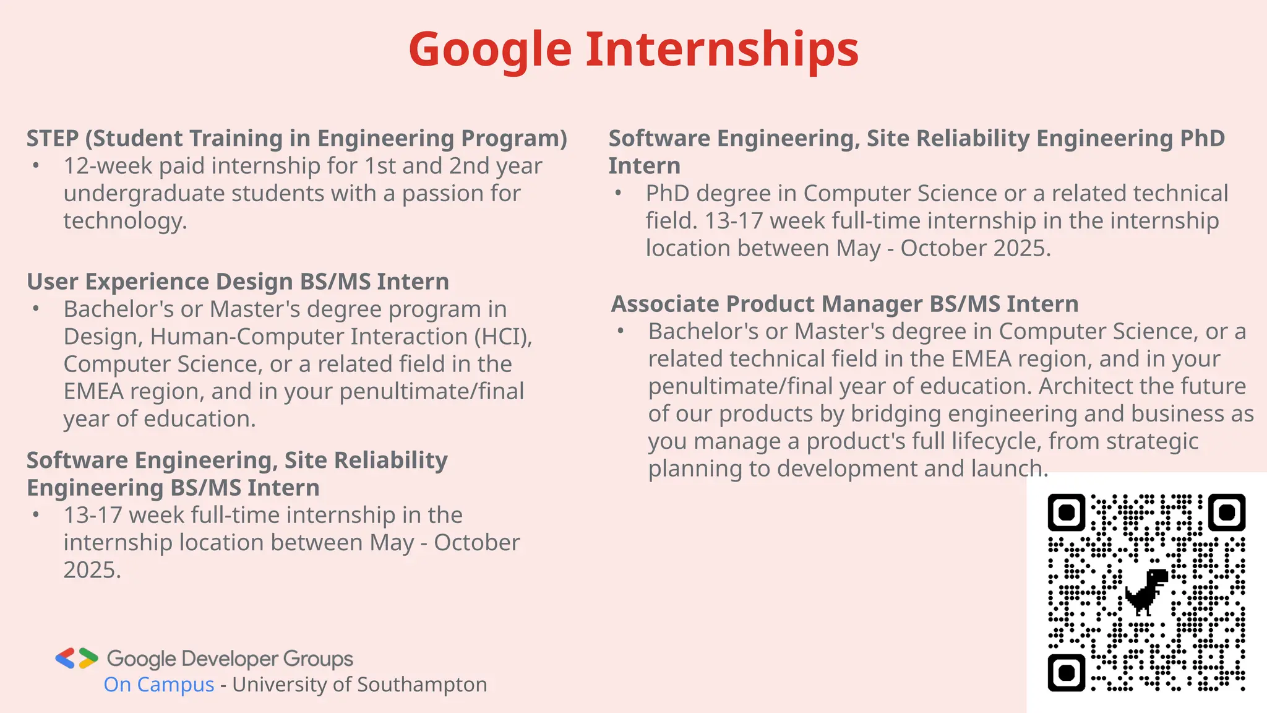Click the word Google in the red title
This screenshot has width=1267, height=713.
coord(489,50)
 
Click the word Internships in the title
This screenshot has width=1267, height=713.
coord(722,50)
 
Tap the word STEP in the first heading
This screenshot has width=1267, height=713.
coord(53,138)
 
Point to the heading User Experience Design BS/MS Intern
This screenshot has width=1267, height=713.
coord(238,282)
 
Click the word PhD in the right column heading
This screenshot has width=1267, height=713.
coord(1202,138)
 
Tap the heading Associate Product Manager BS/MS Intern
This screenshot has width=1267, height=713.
coord(844,304)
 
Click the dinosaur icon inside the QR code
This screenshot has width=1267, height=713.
coord(1146,592)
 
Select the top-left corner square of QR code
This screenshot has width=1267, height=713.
coord(1066,512)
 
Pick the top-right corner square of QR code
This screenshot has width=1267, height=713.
coord(1226,512)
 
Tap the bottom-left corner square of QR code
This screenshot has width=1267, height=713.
coord(1066,672)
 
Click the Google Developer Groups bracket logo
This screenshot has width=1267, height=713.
coord(77,659)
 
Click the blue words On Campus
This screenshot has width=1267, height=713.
coord(159,685)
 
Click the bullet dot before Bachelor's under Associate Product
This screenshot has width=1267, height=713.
coord(621,331)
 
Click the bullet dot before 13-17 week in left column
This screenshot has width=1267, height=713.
coord(37,515)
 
